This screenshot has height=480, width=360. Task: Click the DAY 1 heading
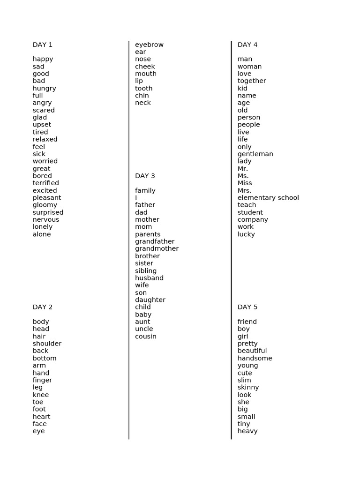(x=43, y=45)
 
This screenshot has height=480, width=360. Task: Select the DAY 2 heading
(x=43, y=307)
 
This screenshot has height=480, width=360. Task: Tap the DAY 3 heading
(x=145, y=176)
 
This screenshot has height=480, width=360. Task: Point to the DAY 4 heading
(x=247, y=45)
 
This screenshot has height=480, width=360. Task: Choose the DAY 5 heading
(x=247, y=307)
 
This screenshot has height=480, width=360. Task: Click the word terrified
(x=46, y=183)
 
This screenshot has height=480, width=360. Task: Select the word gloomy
(x=45, y=205)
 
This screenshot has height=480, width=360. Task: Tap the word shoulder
(x=47, y=344)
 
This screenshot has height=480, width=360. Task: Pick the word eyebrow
(x=150, y=45)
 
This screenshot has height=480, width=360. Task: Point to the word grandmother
(x=157, y=248)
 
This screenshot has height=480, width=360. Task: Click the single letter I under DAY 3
(x=136, y=197)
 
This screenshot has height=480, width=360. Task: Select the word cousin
(x=146, y=336)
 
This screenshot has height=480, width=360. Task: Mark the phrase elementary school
(x=268, y=197)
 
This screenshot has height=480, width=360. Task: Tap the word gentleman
(x=255, y=154)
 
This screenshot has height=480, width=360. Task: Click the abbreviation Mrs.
(x=244, y=190)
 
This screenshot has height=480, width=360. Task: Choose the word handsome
(x=255, y=358)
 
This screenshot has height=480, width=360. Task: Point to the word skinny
(x=248, y=387)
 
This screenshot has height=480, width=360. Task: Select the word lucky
(x=246, y=234)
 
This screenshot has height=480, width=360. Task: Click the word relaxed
(x=45, y=139)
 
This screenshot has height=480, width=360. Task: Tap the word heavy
(x=247, y=431)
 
